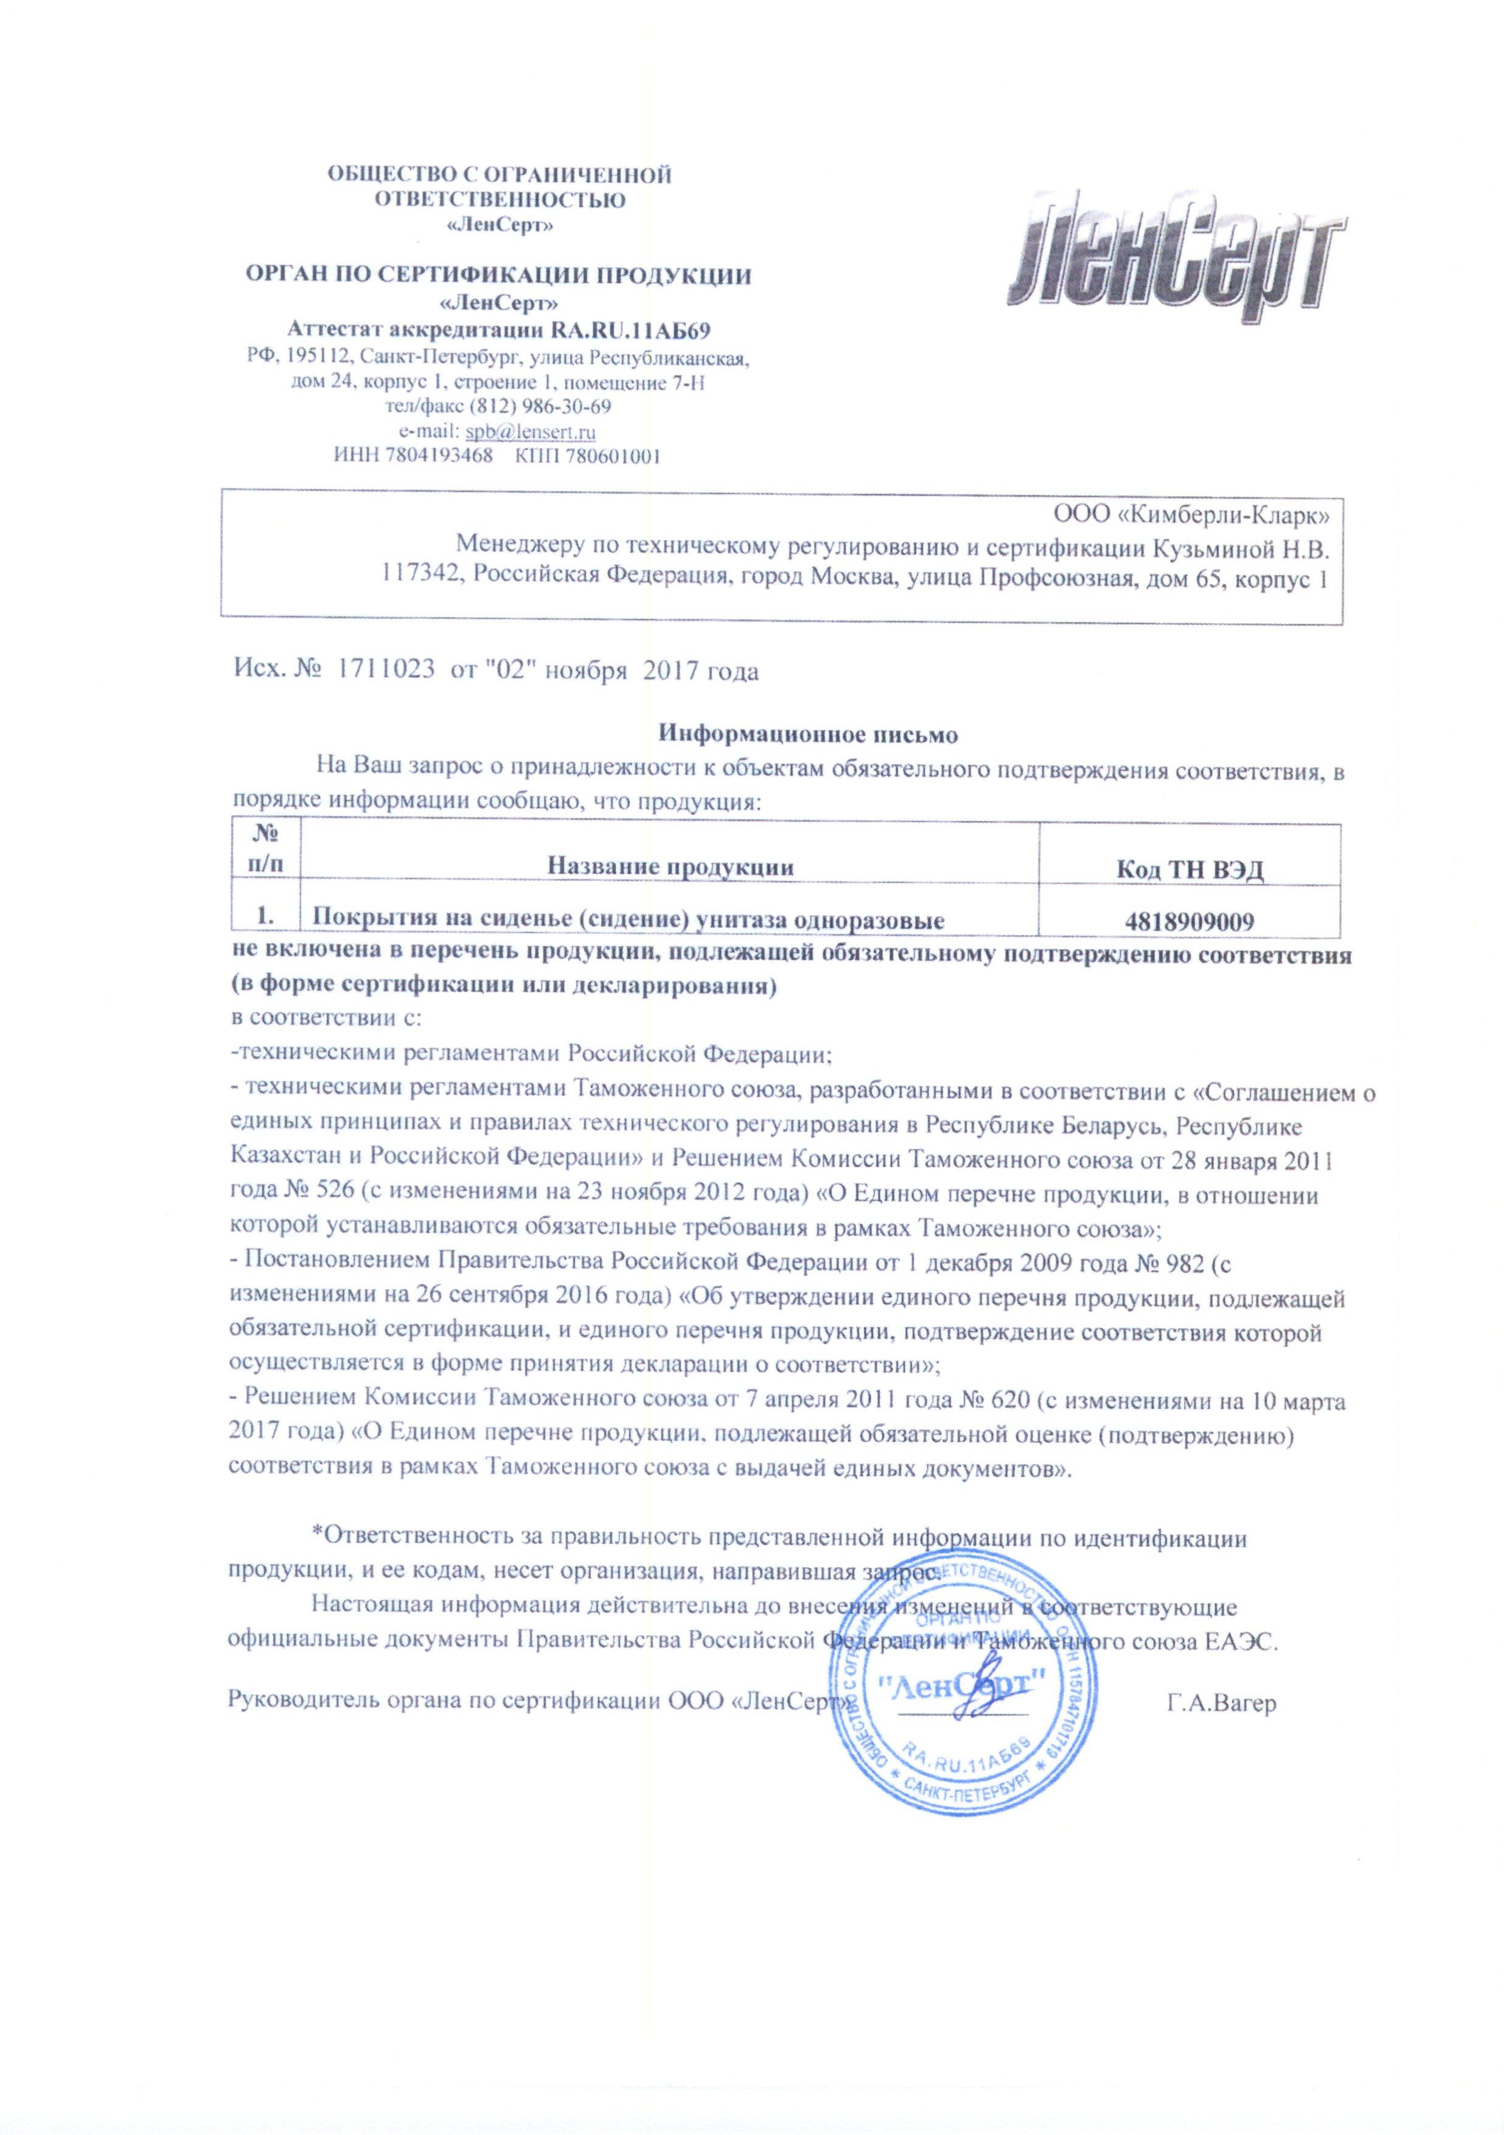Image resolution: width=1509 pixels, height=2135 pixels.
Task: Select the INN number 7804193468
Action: click(441, 456)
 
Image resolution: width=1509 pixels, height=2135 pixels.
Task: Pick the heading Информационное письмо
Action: click(808, 734)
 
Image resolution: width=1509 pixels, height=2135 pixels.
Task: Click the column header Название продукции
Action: click(669, 868)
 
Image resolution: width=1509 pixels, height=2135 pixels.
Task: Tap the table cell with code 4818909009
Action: click(1189, 922)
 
